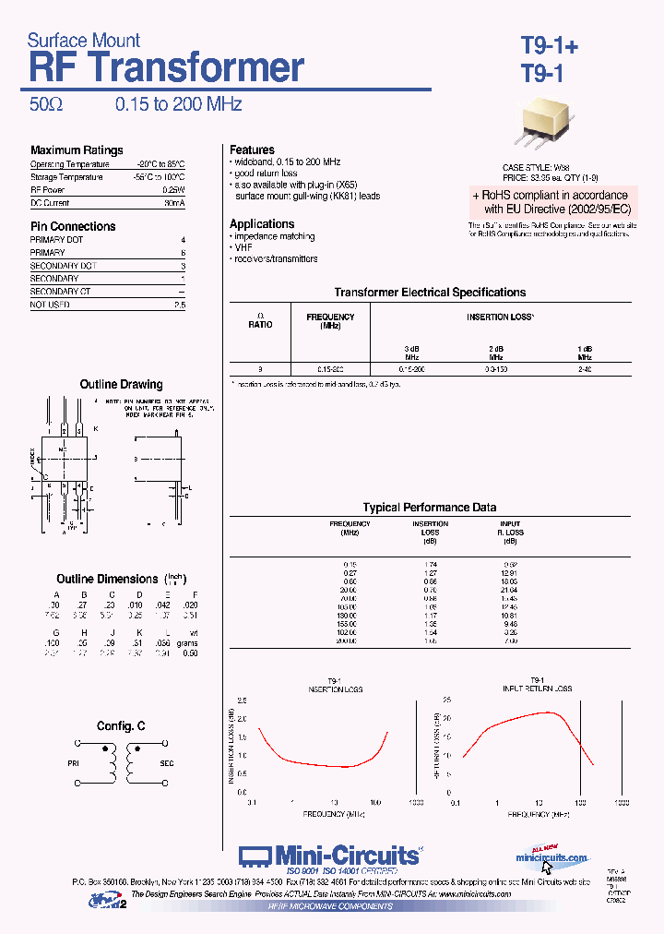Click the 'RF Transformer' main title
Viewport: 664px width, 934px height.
pos(166,69)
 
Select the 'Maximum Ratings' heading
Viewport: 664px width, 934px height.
pos(77,150)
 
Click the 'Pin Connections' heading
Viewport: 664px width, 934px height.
pos(73,226)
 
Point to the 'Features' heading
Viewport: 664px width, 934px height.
pos(252,150)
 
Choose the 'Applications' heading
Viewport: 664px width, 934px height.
pos(262,224)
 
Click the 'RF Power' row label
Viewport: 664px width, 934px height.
pos(48,189)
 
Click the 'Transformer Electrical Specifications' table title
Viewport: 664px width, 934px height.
pos(430,293)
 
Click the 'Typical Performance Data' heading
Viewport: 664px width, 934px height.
pos(430,508)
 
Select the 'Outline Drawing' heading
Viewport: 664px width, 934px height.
pos(121,384)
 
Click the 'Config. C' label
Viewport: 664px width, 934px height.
pos(121,726)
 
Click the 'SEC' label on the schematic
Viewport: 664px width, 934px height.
pos(168,764)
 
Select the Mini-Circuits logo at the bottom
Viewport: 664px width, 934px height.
pos(330,856)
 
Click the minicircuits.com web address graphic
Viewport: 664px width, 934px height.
pos(551,857)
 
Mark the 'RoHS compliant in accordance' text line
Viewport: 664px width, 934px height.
pos(551,196)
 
